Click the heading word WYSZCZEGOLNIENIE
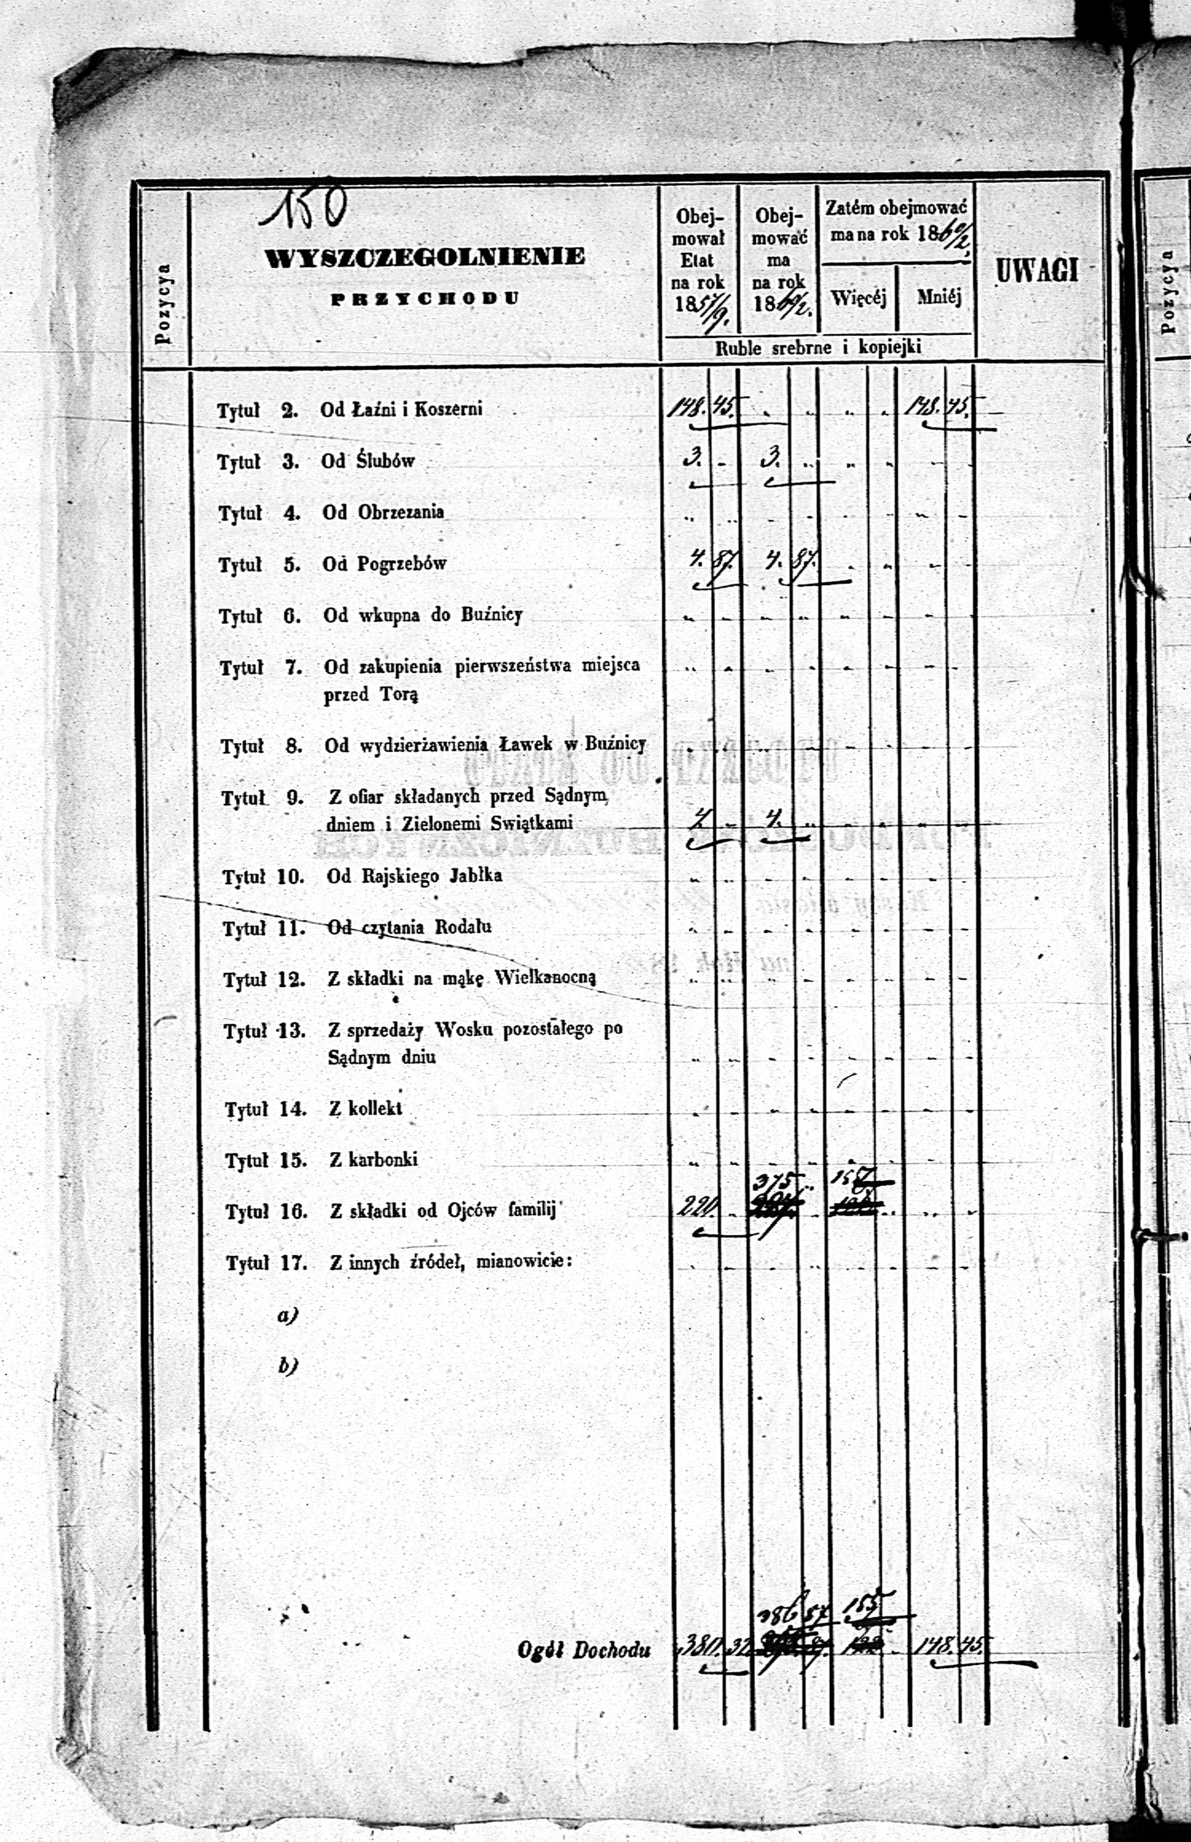click(425, 257)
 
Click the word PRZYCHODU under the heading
click(425, 298)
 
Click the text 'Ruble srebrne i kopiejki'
click(817, 347)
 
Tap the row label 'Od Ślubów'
click(368, 461)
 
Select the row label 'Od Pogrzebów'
click(384, 564)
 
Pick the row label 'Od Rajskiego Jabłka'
click(414, 876)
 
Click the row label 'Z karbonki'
click(374, 1159)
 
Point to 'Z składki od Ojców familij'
click(443, 1211)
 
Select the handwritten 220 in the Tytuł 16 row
click(697, 1206)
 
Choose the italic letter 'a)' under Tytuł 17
click(287, 1315)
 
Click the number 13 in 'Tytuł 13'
click(292, 1031)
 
